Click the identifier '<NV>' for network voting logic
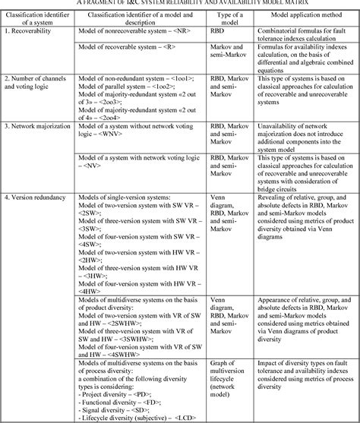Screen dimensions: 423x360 click(106, 166)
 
